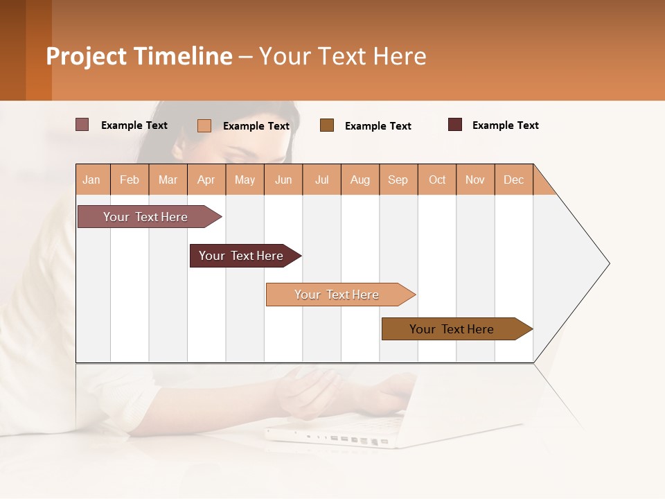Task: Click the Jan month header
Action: [92, 180]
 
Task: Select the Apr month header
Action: [206, 180]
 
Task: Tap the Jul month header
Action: [321, 180]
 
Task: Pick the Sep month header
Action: [398, 180]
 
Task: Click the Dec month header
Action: [513, 180]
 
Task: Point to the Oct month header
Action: [437, 180]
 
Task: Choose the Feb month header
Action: [130, 180]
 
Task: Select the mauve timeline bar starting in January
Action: [145, 217]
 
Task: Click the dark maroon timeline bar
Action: [241, 256]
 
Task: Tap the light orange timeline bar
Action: [337, 295]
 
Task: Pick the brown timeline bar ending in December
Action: [452, 329]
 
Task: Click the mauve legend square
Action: [82, 125]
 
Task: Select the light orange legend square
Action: [204, 125]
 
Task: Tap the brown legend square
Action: [327, 125]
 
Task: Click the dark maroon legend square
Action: [455, 125]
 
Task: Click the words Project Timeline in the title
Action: [139, 56]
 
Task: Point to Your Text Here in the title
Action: [343, 56]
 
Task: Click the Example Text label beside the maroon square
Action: [505, 125]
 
